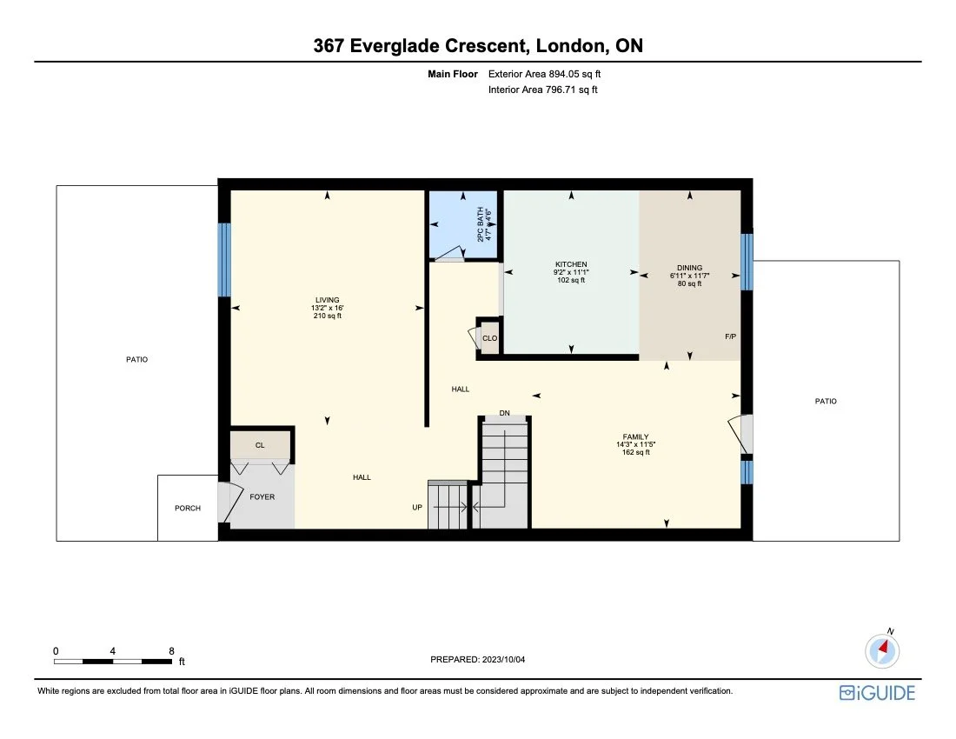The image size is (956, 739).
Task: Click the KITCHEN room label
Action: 571,264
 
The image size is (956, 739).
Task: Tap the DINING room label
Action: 690,268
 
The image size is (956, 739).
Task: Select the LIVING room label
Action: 327,300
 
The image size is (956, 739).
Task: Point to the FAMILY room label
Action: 634,437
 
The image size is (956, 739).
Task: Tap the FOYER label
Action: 262,497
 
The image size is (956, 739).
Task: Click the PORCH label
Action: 187,509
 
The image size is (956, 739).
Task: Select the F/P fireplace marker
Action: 730,336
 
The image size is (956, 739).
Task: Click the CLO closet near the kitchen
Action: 490,338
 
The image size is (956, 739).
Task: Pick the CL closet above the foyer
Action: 260,445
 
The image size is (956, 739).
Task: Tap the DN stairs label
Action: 504,412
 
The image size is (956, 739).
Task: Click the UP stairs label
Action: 417,508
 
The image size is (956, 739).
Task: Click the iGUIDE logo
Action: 877,693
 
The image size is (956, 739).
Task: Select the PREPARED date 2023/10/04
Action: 478,660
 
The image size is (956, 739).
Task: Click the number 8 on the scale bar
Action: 171,650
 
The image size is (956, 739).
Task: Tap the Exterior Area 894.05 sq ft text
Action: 544,74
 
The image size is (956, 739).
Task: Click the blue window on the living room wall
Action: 224,259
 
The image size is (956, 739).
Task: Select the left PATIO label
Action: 136,359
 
